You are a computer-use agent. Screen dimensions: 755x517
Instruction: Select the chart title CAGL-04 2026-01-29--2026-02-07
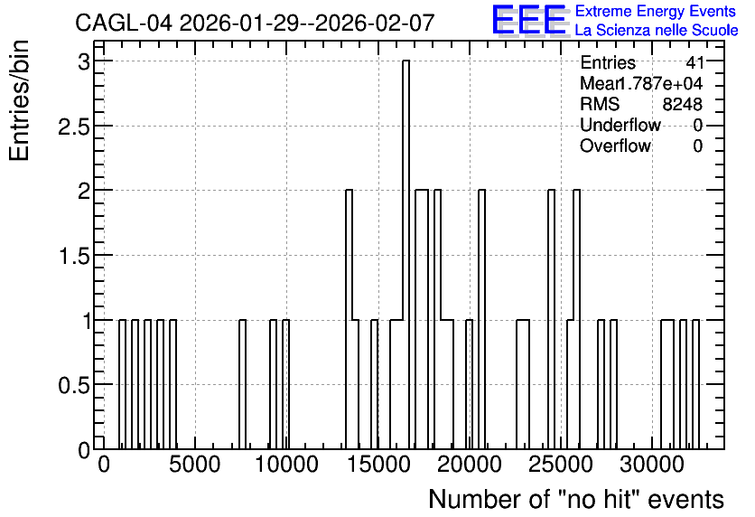pos(256,23)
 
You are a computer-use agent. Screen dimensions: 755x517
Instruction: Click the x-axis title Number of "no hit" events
pos(576,499)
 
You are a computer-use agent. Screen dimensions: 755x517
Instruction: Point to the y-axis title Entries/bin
pos(20,100)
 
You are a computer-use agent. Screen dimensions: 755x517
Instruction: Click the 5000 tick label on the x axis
pos(195,465)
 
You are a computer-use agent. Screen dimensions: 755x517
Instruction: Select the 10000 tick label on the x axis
pos(286,465)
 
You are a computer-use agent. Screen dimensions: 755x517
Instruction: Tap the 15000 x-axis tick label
pos(378,465)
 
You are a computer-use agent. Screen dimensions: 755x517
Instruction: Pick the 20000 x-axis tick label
pos(470,465)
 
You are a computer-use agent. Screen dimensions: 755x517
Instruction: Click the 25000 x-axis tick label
pos(561,465)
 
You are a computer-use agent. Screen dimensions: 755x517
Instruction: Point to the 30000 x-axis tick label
pos(651,465)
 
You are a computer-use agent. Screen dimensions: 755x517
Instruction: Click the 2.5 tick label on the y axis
pos(74,127)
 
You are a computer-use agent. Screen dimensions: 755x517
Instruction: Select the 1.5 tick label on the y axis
pos(74,256)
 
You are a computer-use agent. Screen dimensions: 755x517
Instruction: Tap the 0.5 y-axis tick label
pos(74,385)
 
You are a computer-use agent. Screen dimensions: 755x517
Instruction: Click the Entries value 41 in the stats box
pos(694,62)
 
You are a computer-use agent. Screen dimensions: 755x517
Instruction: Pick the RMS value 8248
pos(682,104)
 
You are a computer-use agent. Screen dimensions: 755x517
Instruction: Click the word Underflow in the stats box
pos(620,125)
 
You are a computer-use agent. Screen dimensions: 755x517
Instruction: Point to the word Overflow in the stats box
pos(615,146)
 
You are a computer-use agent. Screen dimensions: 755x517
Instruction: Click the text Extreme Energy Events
pos(656,12)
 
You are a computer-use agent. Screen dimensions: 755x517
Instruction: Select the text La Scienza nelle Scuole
pos(657,31)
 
